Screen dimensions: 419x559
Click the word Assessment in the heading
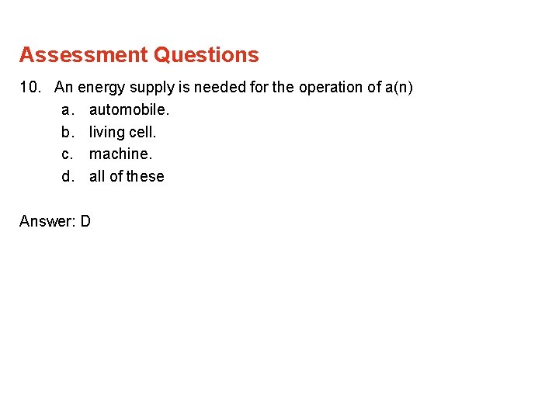[83, 55]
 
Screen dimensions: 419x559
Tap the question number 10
[30, 88]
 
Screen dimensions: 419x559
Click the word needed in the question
[220, 88]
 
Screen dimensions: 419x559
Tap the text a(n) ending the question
[399, 88]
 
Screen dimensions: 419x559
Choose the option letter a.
[67, 110]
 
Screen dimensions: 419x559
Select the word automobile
[129, 110]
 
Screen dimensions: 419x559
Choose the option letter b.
[67, 132]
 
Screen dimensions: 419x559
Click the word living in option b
[106, 132]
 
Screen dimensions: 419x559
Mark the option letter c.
[67, 154]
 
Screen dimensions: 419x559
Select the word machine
[120, 154]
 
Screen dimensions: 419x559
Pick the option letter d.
[67, 176]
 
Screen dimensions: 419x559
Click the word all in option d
[97, 176]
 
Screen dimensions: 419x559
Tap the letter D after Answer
[85, 221]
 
